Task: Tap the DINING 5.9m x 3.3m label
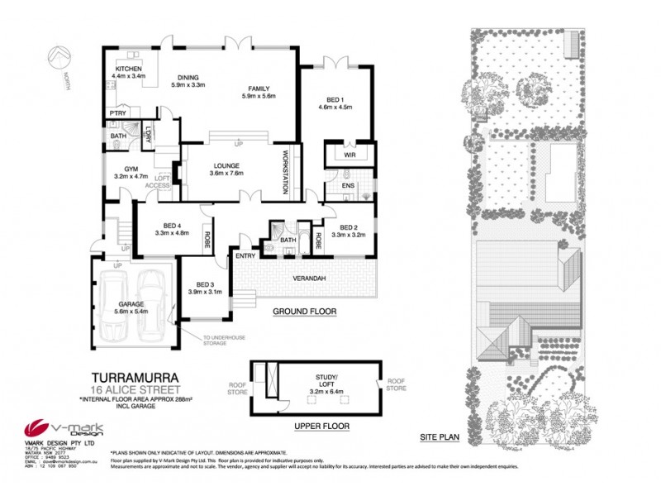[187, 80]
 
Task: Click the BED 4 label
[172, 229]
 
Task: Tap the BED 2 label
[343, 231]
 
